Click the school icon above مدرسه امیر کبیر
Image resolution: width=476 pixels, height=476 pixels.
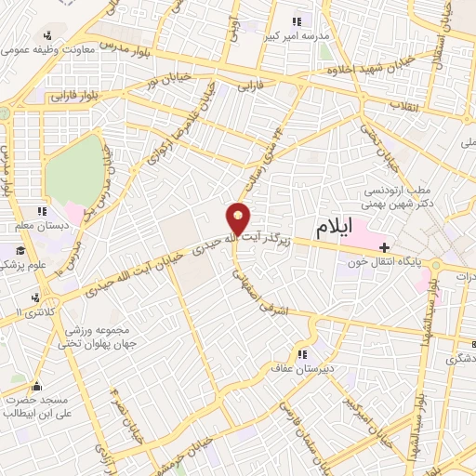tap(297, 20)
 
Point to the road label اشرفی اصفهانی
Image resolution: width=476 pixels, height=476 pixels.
tap(258, 288)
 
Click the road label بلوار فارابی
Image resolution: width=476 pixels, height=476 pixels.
tap(63, 95)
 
